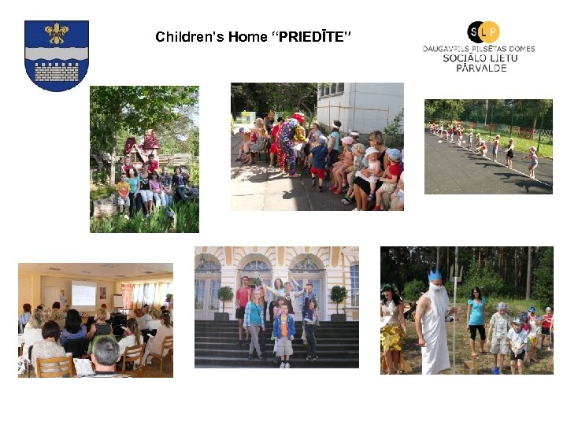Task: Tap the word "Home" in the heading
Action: (x=248, y=37)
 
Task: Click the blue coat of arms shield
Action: (x=57, y=55)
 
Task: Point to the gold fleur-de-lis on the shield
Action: (x=57, y=33)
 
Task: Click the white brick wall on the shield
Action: (x=57, y=72)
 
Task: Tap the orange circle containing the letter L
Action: (x=489, y=31)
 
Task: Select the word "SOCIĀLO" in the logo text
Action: (x=463, y=58)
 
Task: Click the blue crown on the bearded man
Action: (x=434, y=275)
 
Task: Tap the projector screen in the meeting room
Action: (x=83, y=292)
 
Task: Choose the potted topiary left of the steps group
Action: (x=225, y=297)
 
